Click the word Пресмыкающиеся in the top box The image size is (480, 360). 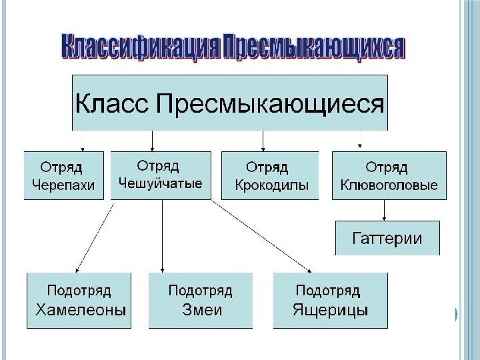(270, 104)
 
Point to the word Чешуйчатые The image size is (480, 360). (160, 183)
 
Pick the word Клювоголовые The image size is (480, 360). (389, 185)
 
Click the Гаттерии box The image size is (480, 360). (387, 238)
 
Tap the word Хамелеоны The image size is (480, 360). (80, 310)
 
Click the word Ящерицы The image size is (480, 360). (331, 310)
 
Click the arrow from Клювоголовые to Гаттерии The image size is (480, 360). (385, 210)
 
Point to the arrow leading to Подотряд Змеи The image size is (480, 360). (162, 237)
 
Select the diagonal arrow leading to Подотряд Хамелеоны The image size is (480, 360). (93, 237)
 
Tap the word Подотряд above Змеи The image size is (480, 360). (200, 291)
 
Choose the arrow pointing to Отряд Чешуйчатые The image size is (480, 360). (153, 140)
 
